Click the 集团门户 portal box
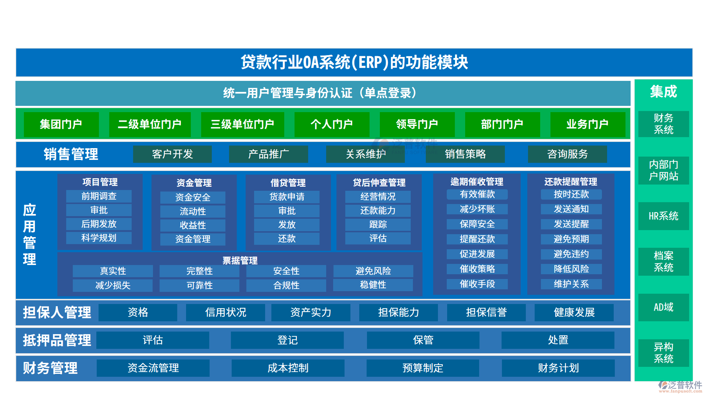point(61,124)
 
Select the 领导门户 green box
point(417,124)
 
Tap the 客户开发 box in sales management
point(172,154)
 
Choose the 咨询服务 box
point(567,154)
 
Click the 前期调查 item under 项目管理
point(99,196)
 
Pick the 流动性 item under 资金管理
point(193,211)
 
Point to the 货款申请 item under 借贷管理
point(287,197)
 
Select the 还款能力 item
point(378,211)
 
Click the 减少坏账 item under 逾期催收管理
point(477,209)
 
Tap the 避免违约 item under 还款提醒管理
point(571,254)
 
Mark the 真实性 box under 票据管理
point(113,271)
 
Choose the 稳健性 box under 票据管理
point(373,285)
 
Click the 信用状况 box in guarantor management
point(225,312)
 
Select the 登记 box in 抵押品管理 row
point(287,340)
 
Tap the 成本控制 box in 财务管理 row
point(288,368)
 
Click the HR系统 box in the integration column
point(663,216)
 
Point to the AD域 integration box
point(663,307)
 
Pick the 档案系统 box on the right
point(663,262)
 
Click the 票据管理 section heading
point(240,261)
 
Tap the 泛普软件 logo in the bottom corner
point(680,386)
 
